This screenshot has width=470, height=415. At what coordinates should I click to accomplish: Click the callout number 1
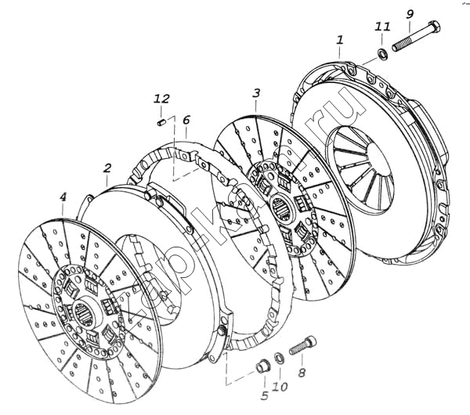click(339, 38)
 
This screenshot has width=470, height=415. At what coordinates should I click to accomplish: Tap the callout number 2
click(107, 168)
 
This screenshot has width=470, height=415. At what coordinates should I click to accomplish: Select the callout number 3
click(255, 94)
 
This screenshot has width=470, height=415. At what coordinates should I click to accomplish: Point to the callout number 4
click(63, 199)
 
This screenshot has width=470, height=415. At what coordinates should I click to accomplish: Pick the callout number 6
click(186, 120)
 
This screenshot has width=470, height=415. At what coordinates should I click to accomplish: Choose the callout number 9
click(410, 14)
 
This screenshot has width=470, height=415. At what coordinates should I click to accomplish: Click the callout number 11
click(381, 27)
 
